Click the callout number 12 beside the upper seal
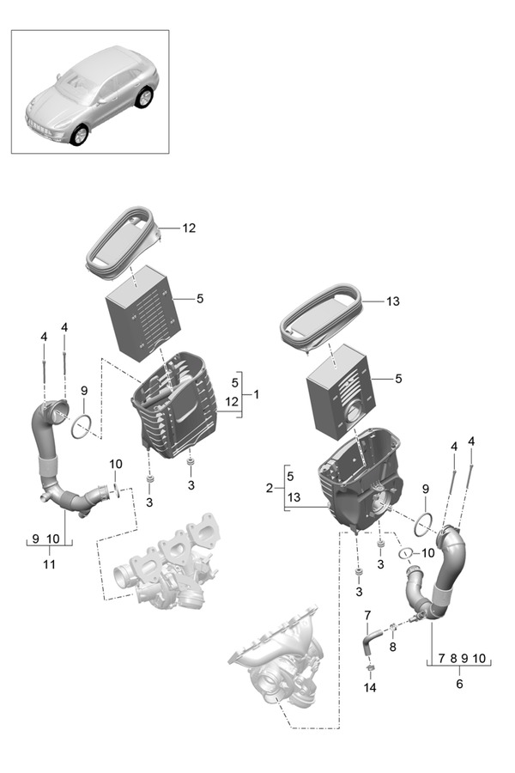point(189,228)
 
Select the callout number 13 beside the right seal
point(392,301)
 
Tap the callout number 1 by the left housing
point(255,394)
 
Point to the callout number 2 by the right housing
point(270,488)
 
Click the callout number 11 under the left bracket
point(49,564)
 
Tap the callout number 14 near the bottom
point(370,688)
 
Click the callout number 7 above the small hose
point(367,615)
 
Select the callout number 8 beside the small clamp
point(393,648)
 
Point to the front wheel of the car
point(80,135)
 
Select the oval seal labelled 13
point(321,321)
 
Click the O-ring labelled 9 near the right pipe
point(421,521)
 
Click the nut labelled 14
point(369,669)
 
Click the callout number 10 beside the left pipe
point(116,465)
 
